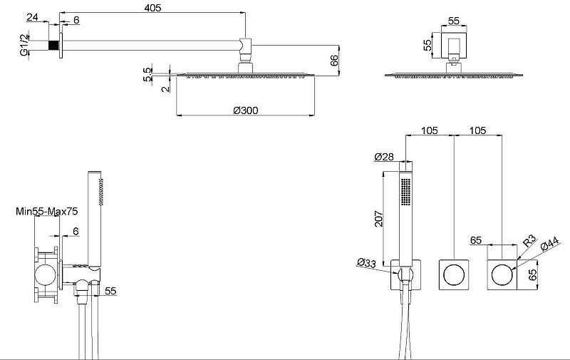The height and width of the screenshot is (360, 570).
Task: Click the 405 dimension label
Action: [x=152, y=8]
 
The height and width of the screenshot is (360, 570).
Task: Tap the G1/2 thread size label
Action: [x=24, y=45]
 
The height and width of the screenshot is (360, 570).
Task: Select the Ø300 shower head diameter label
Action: [x=245, y=110]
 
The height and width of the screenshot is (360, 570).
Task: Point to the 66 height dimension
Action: [x=334, y=61]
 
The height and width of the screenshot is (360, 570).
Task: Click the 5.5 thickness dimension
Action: [x=147, y=75]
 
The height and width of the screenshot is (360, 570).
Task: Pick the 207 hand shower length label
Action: [x=379, y=219]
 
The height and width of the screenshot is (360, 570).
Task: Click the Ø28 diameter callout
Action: [x=384, y=157]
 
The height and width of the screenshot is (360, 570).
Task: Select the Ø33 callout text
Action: [x=366, y=262]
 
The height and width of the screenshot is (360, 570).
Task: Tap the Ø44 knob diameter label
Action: [x=549, y=244]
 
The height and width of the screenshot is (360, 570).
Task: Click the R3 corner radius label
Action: [x=529, y=241]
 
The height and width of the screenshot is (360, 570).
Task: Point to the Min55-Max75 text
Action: [x=46, y=211]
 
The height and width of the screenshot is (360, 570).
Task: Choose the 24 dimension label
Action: [x=32, y=16]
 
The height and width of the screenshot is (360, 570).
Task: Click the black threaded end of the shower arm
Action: [x=54, y=45]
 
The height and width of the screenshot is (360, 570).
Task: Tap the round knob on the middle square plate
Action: [x=454, y=274]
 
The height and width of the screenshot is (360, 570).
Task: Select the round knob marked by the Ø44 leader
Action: [x=502, y=274]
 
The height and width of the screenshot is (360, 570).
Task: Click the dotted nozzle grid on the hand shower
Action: [x=405, y=192]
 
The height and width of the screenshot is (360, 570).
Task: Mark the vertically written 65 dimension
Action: [x=532, y=274]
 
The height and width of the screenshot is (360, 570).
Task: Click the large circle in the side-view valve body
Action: [x=46, y=274]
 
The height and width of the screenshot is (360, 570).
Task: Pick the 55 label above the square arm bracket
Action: [x=454, y=21]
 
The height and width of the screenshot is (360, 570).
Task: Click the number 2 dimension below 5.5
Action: [x=166, y=88]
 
